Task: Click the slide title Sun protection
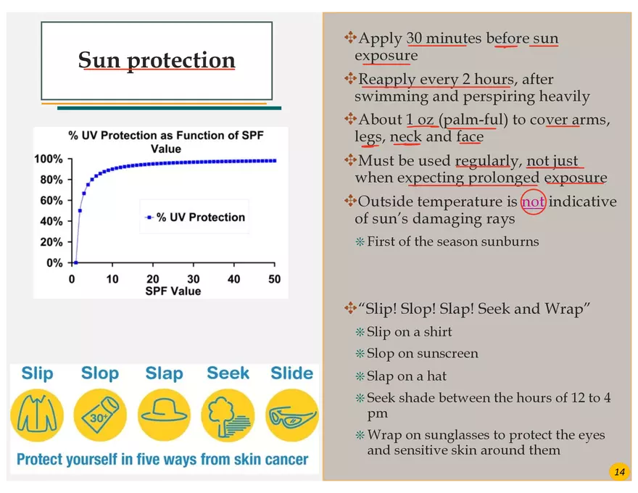coord(157,60)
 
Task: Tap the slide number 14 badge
coord(619,473)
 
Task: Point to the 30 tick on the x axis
coord(194,279)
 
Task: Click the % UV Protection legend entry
coord(196,217)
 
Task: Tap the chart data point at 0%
coord(75,262)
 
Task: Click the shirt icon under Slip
coord(37,415)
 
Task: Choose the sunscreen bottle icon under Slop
coord(100,415)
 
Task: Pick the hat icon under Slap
coord(164,415)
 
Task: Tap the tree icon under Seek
coord(228,415)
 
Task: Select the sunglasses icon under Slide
coord(291,415)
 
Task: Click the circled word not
coord(533,202)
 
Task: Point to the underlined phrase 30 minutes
coord(436,38)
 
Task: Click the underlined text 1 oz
coord(420,120)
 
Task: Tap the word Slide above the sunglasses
coord(291,373)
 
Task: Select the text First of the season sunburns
coord(452,241)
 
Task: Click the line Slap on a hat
coord(406,376)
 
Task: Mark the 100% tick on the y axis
coord(51,159)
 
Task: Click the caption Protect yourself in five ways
coord(162,460)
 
